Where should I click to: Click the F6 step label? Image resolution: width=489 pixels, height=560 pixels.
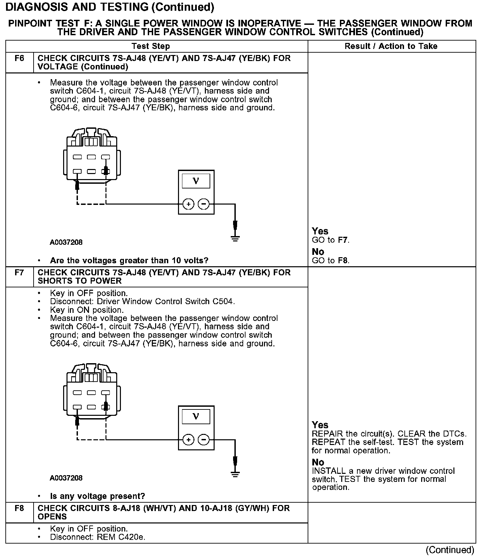[19, 58]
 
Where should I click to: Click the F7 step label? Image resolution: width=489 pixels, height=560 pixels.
[19, 273]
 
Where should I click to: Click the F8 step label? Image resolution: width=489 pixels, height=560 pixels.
[19, 508]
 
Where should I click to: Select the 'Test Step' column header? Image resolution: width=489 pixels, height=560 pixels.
[151, 46]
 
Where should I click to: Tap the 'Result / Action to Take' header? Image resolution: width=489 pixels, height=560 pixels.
[391, 46]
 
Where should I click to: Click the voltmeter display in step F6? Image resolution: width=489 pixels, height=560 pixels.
[196, 181]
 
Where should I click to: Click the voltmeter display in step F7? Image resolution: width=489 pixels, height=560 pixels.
[196, 417]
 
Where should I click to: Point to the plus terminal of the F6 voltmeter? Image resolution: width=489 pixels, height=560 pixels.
[188, 204]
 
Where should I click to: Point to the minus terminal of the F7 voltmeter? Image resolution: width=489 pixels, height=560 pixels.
[204, 440]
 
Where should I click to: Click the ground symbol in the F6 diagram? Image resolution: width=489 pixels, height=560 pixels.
[235, 239]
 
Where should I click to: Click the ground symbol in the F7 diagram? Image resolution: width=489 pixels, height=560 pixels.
[235, 474]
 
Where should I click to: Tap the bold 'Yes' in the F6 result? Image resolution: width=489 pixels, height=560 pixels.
[320, 231]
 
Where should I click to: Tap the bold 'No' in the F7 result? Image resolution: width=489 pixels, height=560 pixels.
[318, 462]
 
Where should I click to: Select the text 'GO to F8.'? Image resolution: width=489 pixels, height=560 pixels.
[330, 261]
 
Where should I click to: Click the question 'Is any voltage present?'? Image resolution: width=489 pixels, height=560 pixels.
[97, 496]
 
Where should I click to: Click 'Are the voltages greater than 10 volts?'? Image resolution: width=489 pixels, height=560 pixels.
[129, 261]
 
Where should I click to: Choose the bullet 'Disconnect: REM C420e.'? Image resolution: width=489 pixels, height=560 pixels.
[97, 537]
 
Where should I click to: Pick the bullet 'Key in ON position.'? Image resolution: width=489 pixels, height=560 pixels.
[87, 310]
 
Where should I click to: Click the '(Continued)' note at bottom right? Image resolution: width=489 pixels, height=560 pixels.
[450, 550]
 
